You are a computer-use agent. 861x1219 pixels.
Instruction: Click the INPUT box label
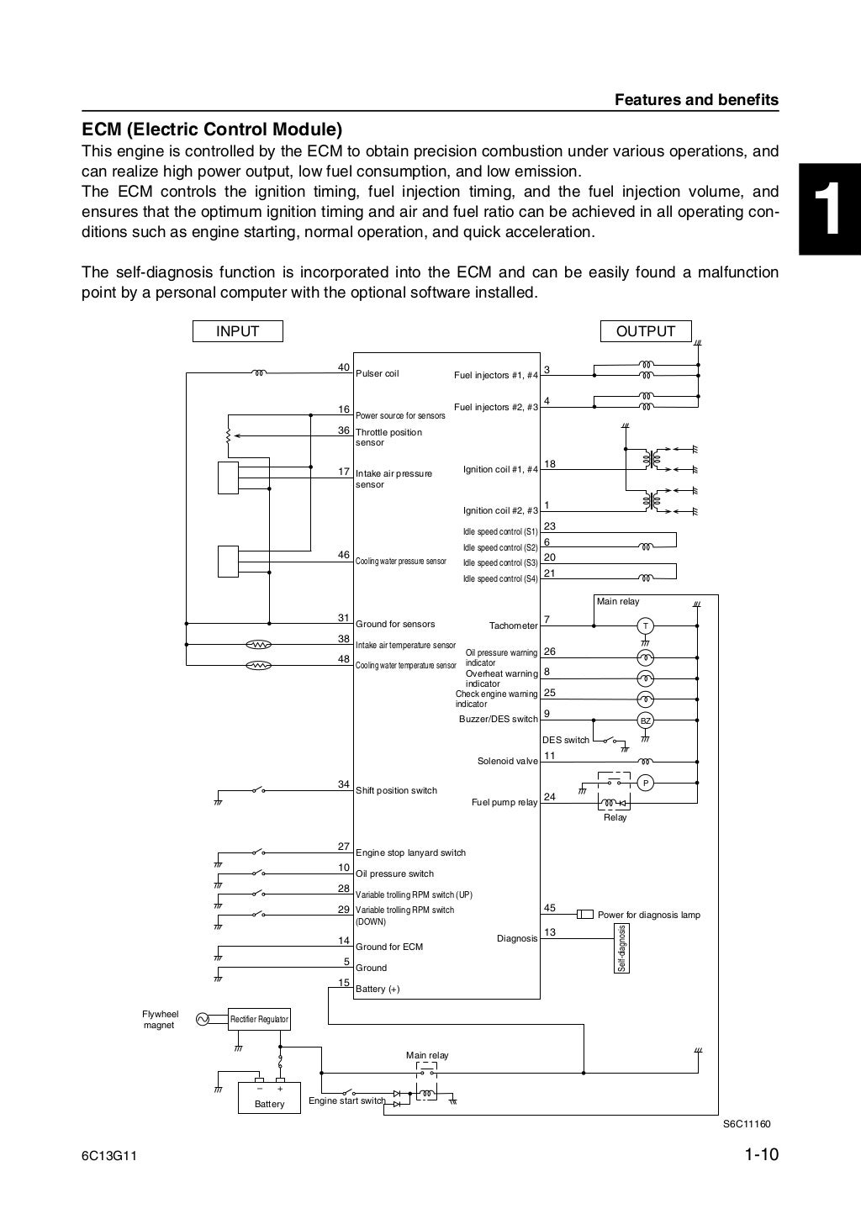click(238, 331)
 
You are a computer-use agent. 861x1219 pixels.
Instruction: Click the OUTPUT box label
click(646, 331)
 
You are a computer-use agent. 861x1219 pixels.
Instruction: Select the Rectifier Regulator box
click(260, 1019)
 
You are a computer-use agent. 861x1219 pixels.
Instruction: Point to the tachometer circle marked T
click(645, 625)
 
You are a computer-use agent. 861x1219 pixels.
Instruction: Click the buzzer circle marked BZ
click(645, 720)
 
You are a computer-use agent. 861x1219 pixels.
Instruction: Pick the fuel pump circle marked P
click(645, 783)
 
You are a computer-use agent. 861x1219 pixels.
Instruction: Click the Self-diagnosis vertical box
click(623, 948)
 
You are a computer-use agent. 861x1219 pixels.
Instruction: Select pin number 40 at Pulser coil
click(343, 367)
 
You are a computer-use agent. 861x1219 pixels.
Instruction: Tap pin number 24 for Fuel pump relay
click(550, 797)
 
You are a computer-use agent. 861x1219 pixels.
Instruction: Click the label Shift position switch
click(396, 790)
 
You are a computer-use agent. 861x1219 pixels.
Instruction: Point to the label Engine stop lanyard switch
click(410, 852)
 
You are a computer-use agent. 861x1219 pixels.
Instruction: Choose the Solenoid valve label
click(507, 761)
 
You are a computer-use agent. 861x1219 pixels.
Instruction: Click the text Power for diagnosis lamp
click(648, 915)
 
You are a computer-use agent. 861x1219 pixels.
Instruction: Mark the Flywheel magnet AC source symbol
click(202, 1019)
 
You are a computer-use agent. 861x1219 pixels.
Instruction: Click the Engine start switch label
click(346, 1100)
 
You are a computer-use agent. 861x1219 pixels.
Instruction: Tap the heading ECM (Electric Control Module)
click(212, 130)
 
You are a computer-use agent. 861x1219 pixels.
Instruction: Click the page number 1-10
click(762, 1155)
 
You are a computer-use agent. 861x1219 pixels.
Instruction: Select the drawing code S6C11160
click(747, 1124)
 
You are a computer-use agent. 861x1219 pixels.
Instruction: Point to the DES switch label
click(565, 740)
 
